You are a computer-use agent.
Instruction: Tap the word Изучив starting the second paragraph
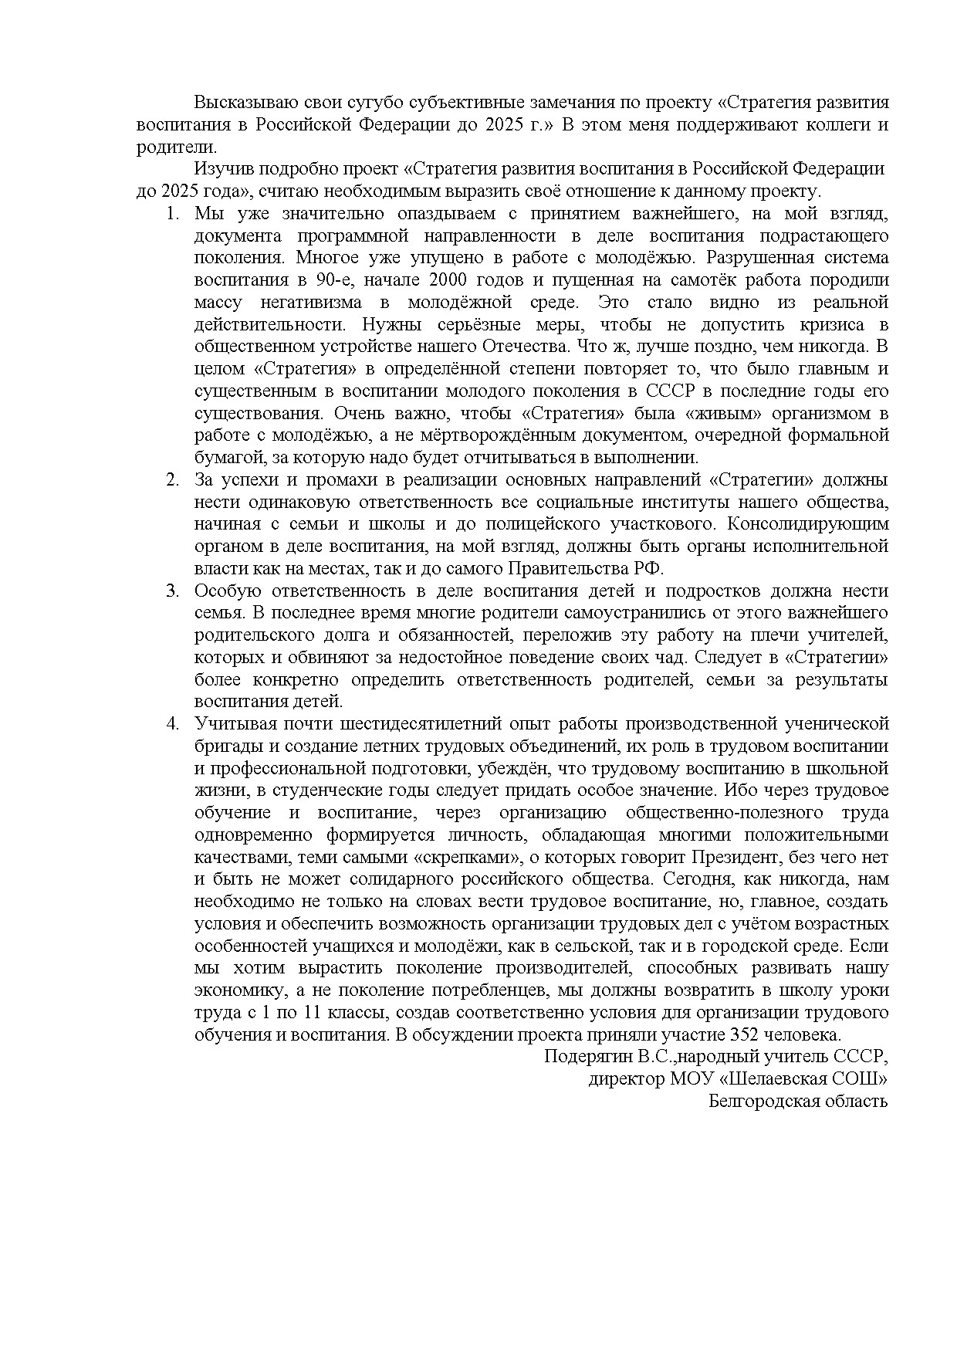pyautogui.click(x=222, y=169)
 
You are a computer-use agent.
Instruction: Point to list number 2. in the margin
pyautogui.click(x=173, y=480)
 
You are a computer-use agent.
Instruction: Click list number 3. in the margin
pyautogui.click(x=173, y=591)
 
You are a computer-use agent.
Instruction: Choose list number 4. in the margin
pyautogui.click(x=173, y=724)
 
